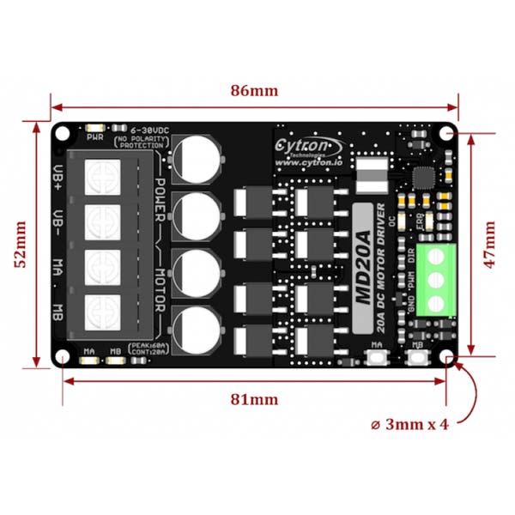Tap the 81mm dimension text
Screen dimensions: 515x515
[255, 399]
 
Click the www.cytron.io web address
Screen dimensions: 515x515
[310, 161]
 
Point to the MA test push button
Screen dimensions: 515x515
[375, 360]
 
